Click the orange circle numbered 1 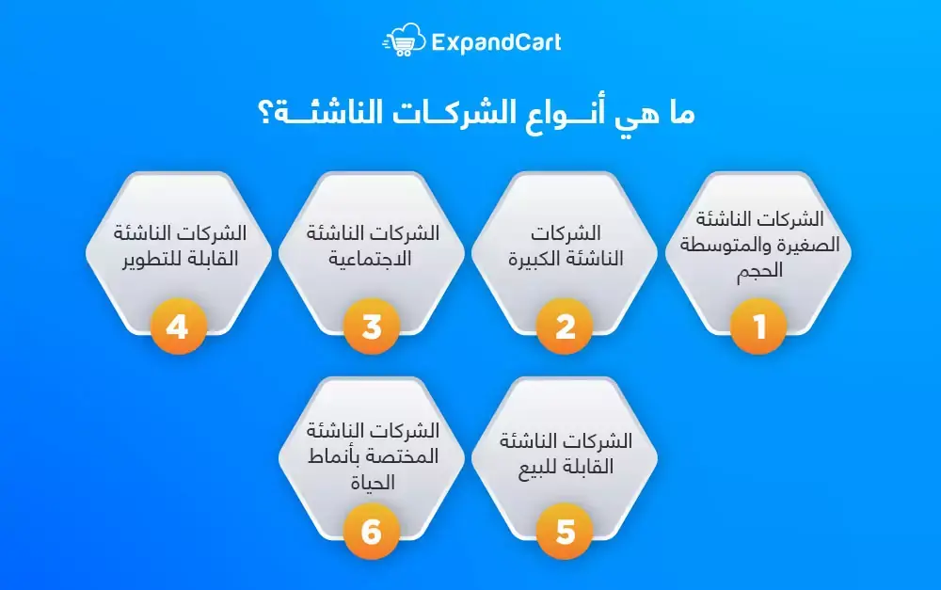[758, 327]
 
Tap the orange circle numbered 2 [565, 327]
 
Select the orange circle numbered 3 [372, 327]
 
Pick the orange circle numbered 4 [178, 327]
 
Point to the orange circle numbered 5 [565, 532]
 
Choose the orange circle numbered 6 [372, 532]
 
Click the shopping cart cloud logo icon [404, 40]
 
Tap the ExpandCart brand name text [496, 42]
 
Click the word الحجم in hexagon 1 [759, 271]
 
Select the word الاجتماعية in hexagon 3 [370, 259]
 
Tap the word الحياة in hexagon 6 [373, 483]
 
